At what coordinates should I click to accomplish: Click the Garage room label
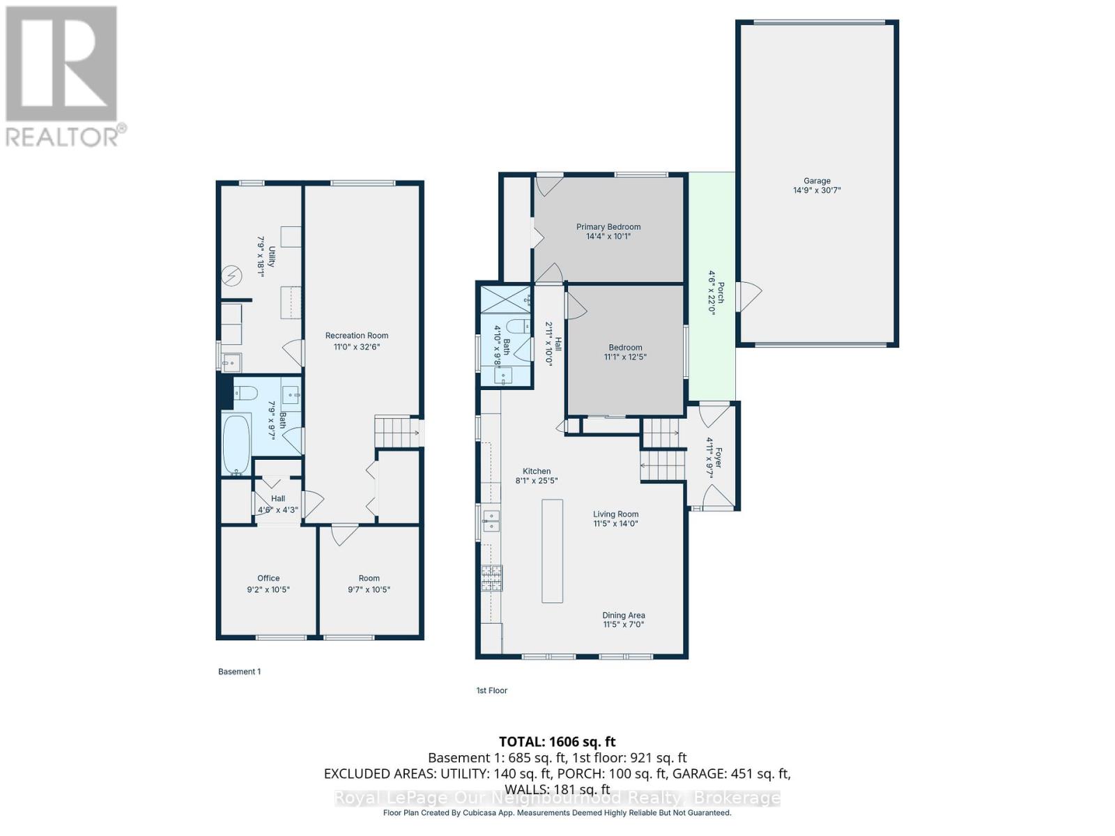[x=817, y=180]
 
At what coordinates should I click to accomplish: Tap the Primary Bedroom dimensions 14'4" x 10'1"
[x=608, y=236]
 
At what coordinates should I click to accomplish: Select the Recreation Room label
[x=357, y=336]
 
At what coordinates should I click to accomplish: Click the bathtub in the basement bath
[x=237, y=444]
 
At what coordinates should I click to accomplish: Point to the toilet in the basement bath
[x=246, y=392]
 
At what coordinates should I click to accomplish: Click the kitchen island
[x=552, y=551]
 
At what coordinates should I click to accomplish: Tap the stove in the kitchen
[x=492, y=578]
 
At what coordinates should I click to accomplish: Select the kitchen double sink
[x=491, y=521]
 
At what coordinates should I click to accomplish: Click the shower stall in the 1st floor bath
[x=506, y=300]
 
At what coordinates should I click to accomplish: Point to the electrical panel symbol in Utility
[x=231, y=276]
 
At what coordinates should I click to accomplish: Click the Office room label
[x=268, y=578]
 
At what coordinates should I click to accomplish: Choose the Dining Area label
[x=624, y=615]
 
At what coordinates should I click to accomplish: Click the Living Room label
[x=615, y=514]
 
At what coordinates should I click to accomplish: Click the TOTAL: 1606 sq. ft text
[x=557, y=741]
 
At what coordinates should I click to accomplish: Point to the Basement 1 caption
[x=239, y=672]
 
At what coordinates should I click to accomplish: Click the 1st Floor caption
[x=492, y=690]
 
